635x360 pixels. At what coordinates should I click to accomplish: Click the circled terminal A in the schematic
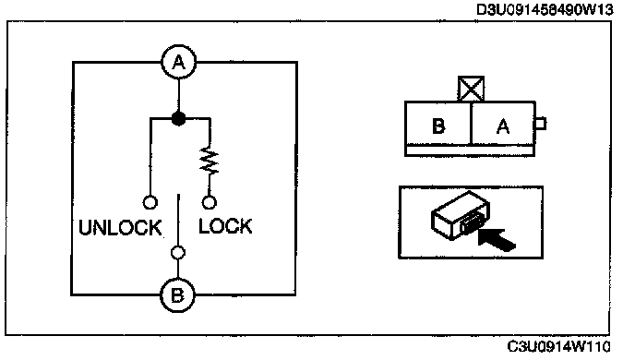[x=179, y=63]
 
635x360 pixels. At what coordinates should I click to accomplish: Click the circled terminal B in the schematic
[x=177, y=294]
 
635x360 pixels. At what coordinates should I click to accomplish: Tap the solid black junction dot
[x=179, y=119]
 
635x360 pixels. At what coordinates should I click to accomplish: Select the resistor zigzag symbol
[x=209, y=162]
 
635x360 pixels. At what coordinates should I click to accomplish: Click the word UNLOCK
[x=120, y=228]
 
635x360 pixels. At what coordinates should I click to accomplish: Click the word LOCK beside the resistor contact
[x=225, y=226]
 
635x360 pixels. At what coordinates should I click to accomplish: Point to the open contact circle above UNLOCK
[x=150, y=202]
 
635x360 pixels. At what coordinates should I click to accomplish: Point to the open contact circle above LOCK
[x=209, y=202]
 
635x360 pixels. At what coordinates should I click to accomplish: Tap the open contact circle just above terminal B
[x=178, y=253]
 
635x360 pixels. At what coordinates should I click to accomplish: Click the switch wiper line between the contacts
[x=178, y=220]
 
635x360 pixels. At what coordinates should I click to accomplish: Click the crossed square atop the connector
[x=471, y=89]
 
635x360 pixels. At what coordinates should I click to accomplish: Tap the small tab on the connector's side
[x=541, y=124]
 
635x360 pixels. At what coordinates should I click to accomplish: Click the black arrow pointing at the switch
[x=497, y=239]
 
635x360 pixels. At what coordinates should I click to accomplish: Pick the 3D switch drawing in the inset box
[x=461, y=216]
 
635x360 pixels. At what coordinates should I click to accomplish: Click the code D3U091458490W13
[x=545, y=9]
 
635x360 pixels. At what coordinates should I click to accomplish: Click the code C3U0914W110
[x=558, y=347]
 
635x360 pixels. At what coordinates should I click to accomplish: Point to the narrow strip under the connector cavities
[x=470, y=150]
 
